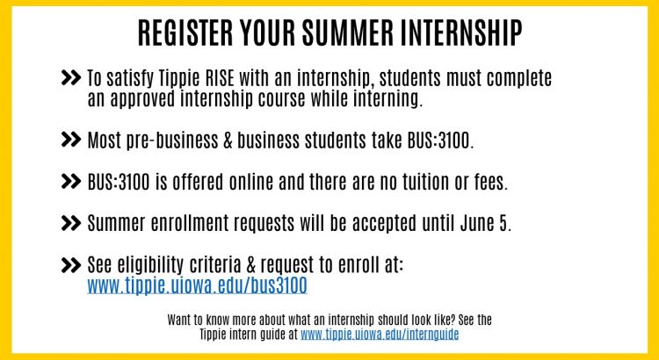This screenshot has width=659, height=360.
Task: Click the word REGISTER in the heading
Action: (185, 32)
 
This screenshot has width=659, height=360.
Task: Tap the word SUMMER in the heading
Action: (346, 32)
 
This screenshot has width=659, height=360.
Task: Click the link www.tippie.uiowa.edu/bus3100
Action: (197, 285)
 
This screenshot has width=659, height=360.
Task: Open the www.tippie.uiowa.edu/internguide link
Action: (380, 335)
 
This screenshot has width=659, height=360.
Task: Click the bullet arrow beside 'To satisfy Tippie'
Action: (70, 78)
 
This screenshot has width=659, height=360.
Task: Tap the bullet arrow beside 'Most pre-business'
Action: (70, 140)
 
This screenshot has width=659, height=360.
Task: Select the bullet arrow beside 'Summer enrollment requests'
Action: (70, 223)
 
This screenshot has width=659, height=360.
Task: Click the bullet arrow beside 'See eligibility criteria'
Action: (70, 265)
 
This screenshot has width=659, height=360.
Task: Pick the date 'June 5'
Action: (485, 223)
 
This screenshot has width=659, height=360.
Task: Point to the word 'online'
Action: (251, 182)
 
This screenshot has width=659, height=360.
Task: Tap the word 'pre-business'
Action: (172, 141)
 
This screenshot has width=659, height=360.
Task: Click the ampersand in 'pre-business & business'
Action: (228, 140)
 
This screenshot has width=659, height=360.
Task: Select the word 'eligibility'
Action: (150, 266)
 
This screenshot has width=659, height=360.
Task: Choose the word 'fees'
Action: (491, 182)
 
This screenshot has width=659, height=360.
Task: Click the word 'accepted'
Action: (384, 224)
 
